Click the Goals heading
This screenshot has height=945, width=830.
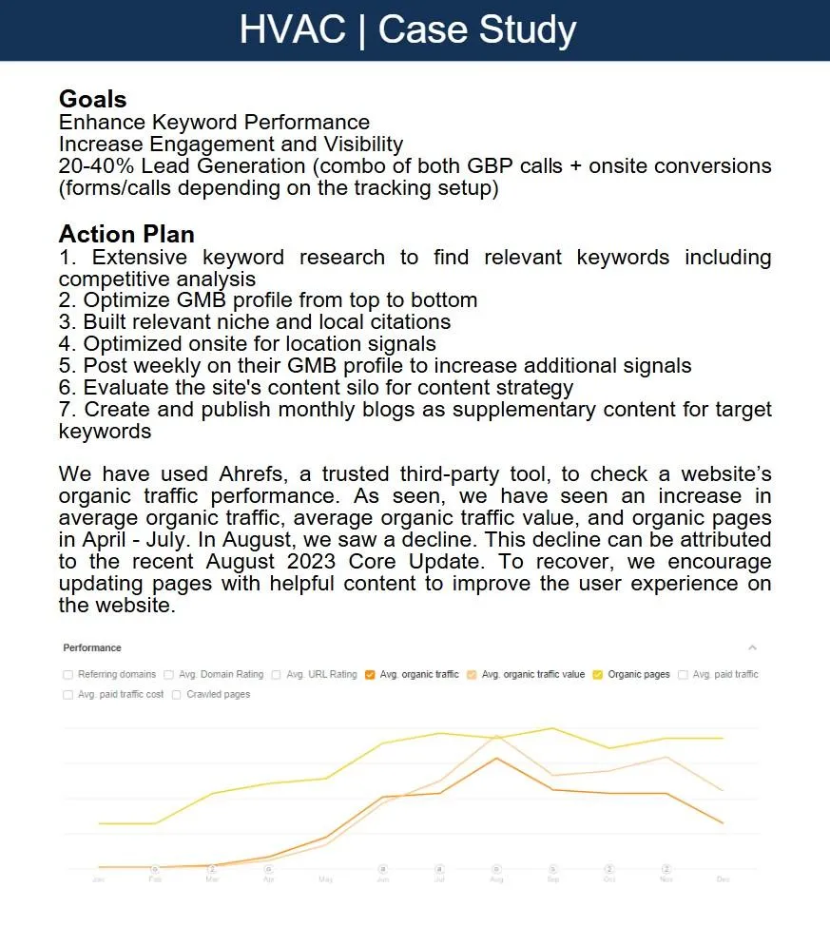point(92,99)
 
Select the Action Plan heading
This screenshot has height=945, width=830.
point(126,234)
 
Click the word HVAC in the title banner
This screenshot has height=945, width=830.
point(292,29)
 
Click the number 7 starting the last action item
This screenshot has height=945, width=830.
point(65,410)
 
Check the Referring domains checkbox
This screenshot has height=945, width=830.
point(68,675)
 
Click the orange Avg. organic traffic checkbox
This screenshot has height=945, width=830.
point(370,675)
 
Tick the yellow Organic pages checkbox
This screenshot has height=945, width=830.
point(597,675)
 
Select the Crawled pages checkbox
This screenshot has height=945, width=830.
point(177,695)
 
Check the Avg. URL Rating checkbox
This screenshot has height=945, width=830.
point(276,675)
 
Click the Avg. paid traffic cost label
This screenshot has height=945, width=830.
point(120,695)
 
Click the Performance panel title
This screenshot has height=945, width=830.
point(92,648)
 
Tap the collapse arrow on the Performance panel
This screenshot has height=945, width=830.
point(752,648)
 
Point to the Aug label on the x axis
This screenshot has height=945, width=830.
point(495,879)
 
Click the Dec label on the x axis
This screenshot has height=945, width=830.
point(723,879)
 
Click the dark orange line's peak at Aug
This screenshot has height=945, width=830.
point(495,758)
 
